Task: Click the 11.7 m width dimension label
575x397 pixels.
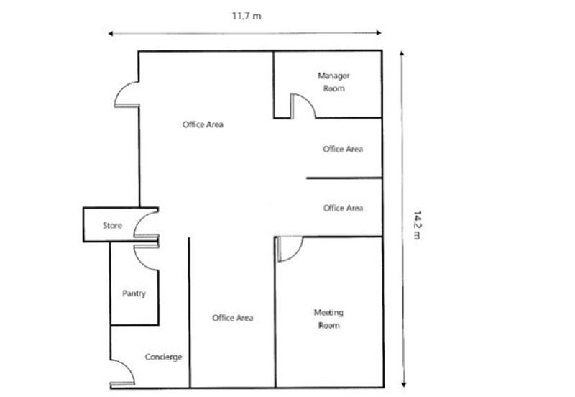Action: (247, 16)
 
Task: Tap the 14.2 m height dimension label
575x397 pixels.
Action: (417, 225)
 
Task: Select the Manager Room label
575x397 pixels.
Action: (333, 82)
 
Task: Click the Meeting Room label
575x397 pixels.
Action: (328, 319)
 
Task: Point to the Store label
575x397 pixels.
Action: (112, 225)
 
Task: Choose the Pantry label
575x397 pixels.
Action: (134, 293)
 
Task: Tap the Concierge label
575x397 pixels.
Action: (163, 357)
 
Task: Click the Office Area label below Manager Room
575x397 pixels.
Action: (343, 149)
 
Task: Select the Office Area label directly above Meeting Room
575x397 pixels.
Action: (343, 208)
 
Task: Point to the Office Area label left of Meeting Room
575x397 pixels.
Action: (232, 318)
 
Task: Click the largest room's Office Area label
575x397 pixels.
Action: (203, 124)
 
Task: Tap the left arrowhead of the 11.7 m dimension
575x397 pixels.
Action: (111, 34)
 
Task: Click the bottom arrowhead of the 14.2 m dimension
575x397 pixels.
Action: (403, 385)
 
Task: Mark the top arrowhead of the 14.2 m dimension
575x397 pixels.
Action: (402, 53)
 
